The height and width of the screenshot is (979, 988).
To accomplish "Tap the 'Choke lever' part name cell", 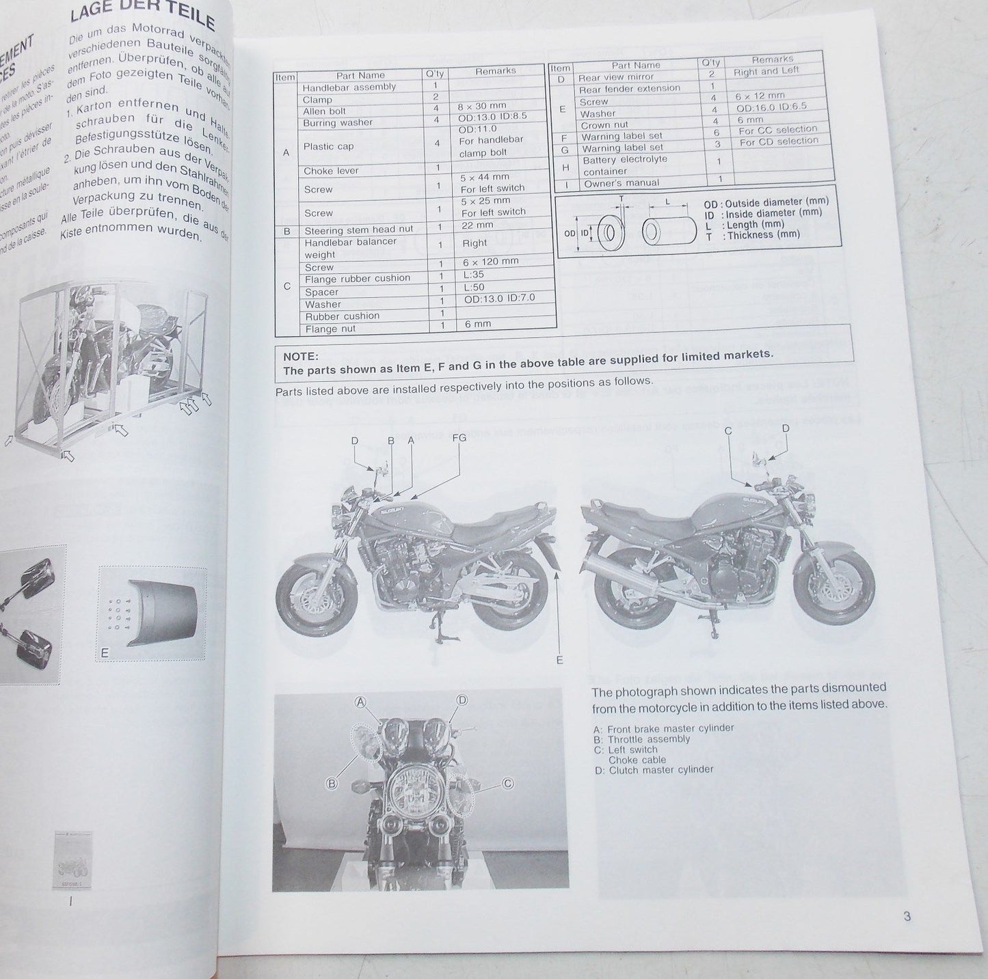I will point(331,171).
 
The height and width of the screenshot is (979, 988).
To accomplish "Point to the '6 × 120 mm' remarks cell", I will point(490,261).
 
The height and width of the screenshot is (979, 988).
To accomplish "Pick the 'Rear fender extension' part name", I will point(630,88).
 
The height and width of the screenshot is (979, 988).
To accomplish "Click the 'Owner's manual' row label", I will point(622,183).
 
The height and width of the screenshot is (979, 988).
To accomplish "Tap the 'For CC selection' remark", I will point(778,129).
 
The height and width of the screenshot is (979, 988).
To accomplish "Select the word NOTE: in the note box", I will point(301,356).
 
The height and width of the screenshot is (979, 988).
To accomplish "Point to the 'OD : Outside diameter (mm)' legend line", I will point(766,203).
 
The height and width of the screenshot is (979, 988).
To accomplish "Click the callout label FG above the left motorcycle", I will point(459,437).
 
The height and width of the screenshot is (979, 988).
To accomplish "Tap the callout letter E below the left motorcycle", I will point(559,659).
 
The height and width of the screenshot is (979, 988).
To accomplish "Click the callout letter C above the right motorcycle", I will point(728,430).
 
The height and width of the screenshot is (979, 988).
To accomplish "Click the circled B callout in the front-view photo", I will point(332,784).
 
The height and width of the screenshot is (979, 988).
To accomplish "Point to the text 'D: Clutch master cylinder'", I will point(653,770).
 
